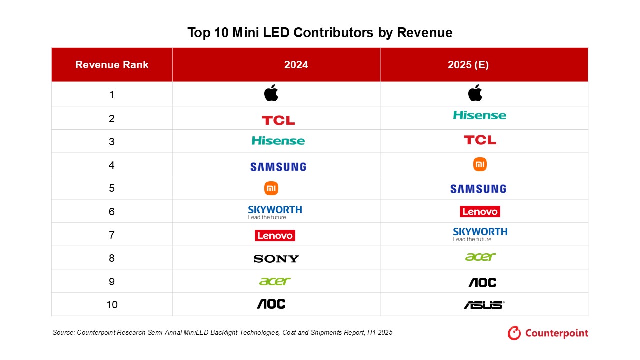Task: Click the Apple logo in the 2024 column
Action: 271,93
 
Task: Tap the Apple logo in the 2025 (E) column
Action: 475,93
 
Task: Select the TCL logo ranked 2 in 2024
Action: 278,120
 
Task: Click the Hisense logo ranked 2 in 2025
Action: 479,115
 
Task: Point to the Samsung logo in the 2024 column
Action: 278,167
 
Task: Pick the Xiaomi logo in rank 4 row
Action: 480,164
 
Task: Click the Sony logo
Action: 276,259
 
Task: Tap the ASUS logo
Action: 483,305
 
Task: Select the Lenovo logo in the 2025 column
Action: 480,212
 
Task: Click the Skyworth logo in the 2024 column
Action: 275,212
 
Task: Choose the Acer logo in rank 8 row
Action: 480,257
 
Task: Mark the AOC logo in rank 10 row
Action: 271,304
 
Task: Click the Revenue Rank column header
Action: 112,65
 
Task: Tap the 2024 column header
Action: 296,65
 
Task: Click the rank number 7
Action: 112,235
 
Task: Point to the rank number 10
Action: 112,304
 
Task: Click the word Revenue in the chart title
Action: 425,33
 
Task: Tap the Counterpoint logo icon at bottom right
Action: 514,333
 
